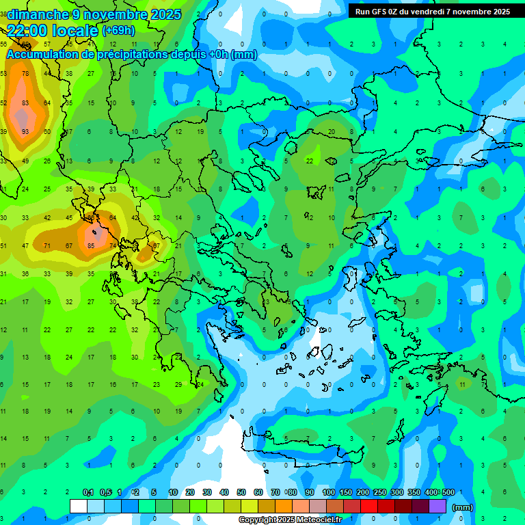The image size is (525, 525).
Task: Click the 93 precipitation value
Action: (25, 132)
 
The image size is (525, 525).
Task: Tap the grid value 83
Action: (25, 103)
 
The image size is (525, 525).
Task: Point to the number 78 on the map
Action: (25, 73)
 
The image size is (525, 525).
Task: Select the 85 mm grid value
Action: (91, 245)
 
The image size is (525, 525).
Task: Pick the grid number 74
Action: (113, 245)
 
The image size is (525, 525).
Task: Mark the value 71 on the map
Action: (47, 245)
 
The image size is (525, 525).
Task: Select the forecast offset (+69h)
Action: (118, 31)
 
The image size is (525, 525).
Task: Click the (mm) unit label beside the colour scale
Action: (463, 507)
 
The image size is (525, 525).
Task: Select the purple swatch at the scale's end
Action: (437, 506)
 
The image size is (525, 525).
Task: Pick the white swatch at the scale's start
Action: (78, 506)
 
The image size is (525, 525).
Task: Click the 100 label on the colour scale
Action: (328, 492)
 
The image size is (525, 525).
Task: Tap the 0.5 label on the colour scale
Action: (106, 492)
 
